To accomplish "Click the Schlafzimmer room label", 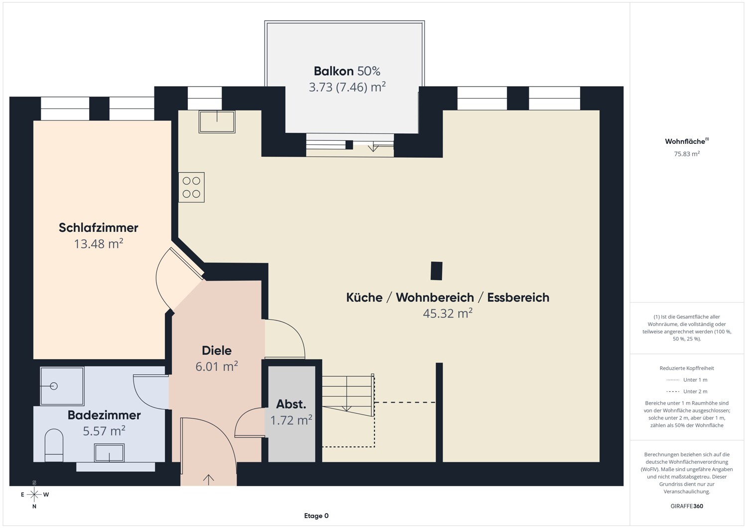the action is coord(99,227).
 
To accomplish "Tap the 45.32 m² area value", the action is coord(448,313).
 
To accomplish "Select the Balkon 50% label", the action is coord(347,71).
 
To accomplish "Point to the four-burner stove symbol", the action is coord(191,187).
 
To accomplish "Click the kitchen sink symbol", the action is coord(217,121).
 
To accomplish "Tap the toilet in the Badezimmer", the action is coord(54,445).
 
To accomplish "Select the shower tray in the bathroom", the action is coord(62,386).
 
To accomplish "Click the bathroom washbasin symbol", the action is coord(109,452).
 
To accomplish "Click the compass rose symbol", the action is coord(34,495).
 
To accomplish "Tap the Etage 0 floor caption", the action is coord(316,516).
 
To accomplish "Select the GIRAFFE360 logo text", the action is coord(687,506).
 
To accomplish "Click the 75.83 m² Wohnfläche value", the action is coord(687,154).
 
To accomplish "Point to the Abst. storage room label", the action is coord(291,404).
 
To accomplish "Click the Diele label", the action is coord(217,350).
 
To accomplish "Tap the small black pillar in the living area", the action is coord(437,271).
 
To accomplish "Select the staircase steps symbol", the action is coord(348,395).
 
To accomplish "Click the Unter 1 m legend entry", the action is coord(687,380).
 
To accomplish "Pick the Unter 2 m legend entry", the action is coord(687,391).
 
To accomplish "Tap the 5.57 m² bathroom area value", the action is coord(104,430).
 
